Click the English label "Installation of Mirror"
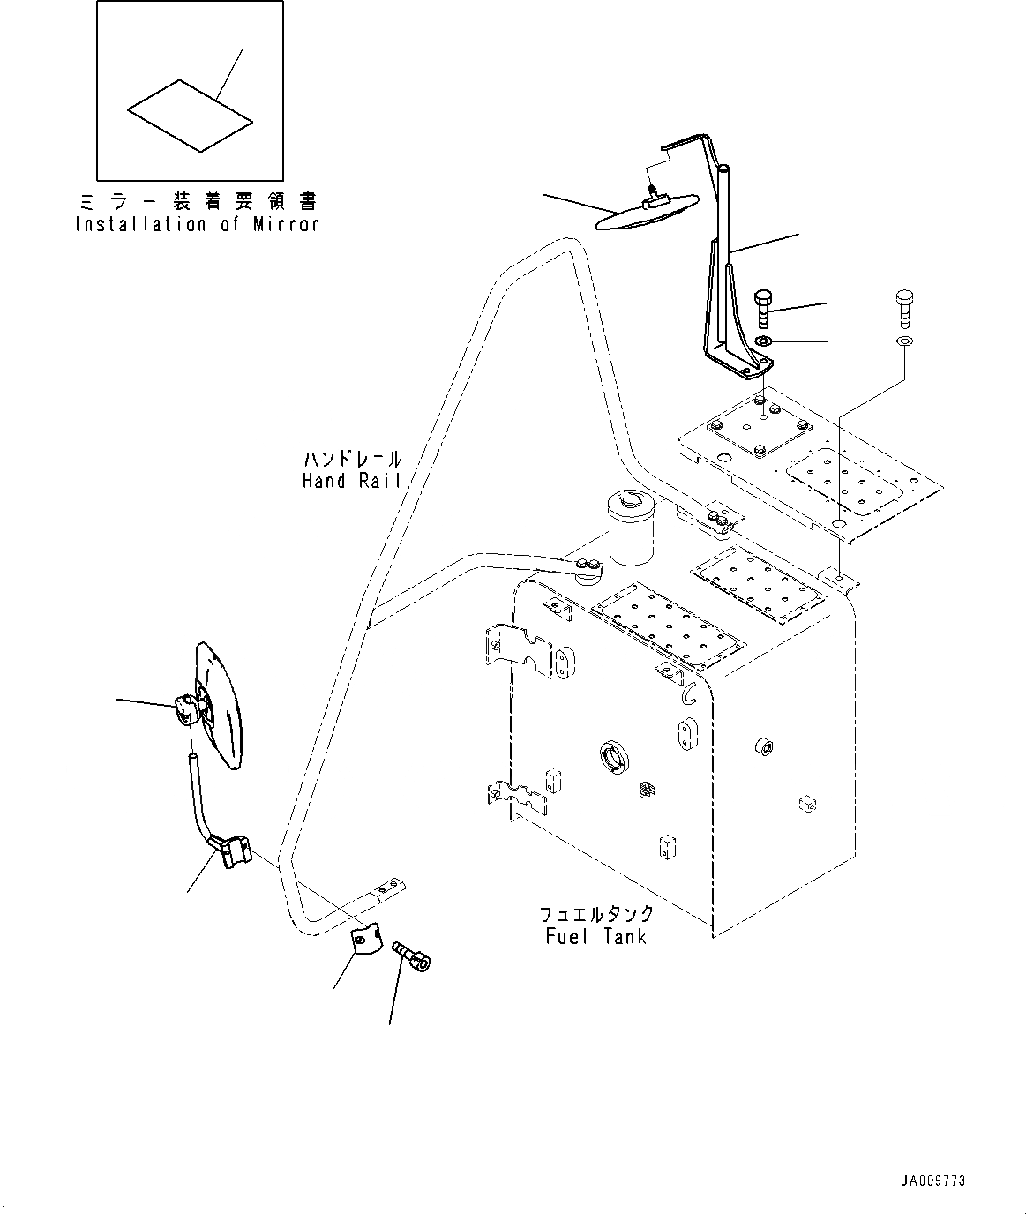(197, 224)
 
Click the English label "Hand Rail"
(351, 481)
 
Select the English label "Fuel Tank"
(595, 936)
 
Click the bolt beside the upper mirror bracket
(763, 309)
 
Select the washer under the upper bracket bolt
(764, 341)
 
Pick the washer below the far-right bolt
(904, 341)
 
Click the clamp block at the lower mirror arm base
(233, 851)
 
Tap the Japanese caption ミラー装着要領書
(197, 202)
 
